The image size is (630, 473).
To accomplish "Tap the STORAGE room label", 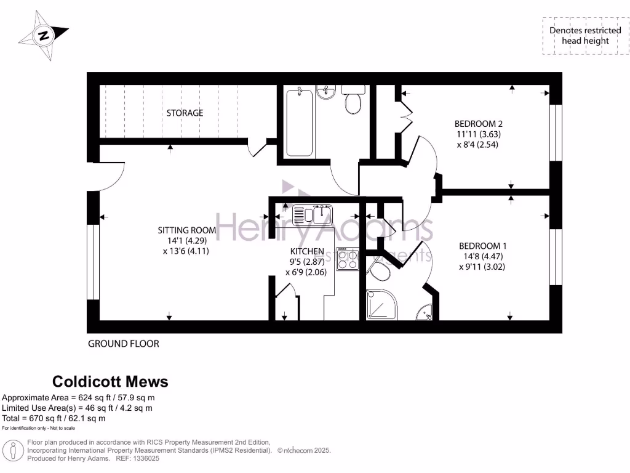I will (185, 113).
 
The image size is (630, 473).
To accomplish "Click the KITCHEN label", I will (307, 251).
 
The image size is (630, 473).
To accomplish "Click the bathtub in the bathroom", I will (300, 121).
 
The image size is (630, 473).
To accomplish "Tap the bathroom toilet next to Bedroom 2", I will (353, 102).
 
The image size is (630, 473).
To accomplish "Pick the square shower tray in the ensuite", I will (381, 305).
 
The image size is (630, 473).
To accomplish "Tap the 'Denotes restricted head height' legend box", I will (585, 36).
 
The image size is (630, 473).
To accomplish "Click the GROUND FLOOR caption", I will (123, 344).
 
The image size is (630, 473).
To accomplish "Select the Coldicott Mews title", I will (110, 382).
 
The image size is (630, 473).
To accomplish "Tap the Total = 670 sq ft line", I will (54, 418).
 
